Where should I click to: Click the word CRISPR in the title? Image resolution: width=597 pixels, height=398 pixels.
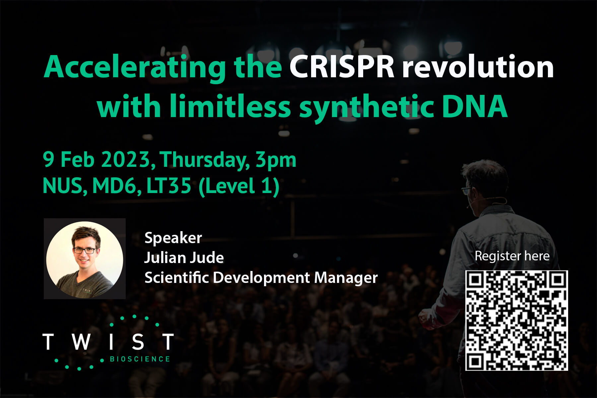point(342,67)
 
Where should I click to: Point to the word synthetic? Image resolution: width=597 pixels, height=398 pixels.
point(367,108)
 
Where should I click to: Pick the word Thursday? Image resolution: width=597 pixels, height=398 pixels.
point(205,161)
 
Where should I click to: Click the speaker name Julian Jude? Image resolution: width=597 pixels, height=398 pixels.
point(184,258)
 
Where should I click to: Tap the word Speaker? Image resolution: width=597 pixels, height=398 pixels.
point(173,238)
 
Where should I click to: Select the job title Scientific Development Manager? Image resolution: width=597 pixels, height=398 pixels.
point(261,278)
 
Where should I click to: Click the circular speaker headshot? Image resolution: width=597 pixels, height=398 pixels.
point(85,259)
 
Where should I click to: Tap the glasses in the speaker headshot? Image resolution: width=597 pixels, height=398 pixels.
point(85,251)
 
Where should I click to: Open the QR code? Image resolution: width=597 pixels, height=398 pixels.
point(516,320)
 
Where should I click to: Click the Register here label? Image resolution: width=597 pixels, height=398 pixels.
point(512,256)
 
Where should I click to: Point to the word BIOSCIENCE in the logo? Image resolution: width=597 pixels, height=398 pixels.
point(140,359)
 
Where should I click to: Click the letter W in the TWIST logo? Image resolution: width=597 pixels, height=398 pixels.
point(81,342)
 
